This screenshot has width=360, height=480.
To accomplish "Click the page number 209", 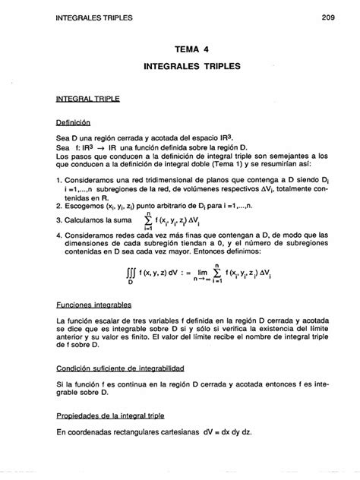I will click(x=328, y=16).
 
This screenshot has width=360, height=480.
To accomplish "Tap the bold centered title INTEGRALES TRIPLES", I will click(x=191, y=67).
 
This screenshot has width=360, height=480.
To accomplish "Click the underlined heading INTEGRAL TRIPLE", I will click(x=77, y=99).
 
